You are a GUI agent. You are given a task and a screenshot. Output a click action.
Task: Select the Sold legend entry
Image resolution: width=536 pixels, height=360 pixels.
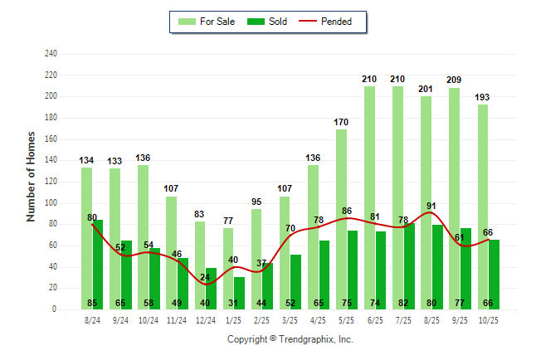(270, 22)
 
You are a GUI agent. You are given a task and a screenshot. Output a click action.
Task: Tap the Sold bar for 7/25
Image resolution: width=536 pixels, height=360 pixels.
(409, 265)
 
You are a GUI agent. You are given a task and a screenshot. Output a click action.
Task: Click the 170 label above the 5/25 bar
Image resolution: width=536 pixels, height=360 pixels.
(341, 123)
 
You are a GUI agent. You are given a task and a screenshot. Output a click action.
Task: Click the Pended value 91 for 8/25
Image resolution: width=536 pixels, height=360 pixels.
(431, 206)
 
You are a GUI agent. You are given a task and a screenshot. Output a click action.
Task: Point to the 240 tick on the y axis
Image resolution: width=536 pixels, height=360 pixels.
(51, 54)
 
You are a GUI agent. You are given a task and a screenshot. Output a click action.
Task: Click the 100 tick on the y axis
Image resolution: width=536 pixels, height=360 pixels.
(51, 203)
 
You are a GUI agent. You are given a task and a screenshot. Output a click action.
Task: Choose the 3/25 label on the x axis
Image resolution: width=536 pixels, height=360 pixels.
(290, 319)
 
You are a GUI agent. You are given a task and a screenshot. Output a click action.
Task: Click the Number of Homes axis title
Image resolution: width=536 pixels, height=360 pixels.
(32, 176)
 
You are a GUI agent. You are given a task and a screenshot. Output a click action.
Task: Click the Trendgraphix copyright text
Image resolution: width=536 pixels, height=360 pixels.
(290, 339)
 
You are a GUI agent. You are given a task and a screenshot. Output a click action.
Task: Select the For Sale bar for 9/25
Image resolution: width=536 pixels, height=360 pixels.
(454, 198)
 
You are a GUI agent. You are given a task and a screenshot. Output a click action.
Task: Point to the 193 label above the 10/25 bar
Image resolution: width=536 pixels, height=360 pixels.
(482, 97)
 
